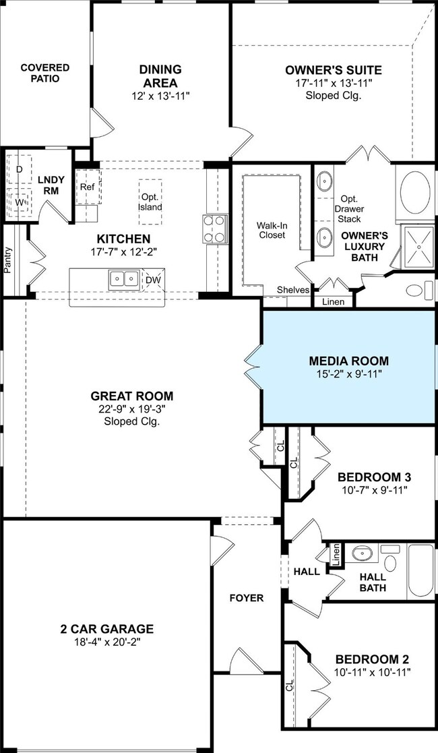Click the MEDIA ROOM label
(348, 361)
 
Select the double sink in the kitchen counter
(125, 280)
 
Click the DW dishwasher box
(153, 280)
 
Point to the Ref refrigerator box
(88, 187)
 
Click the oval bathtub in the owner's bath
(416, 193)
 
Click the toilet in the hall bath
(390, 560)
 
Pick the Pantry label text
(7, 260)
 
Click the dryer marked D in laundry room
(20, 169)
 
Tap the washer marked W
(20, 203)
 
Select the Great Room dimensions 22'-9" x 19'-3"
(132, 409)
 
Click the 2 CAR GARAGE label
(107, 628)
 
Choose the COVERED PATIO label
(45, 73)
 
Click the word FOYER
(247, 598)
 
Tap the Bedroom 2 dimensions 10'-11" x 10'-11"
(373, 672)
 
